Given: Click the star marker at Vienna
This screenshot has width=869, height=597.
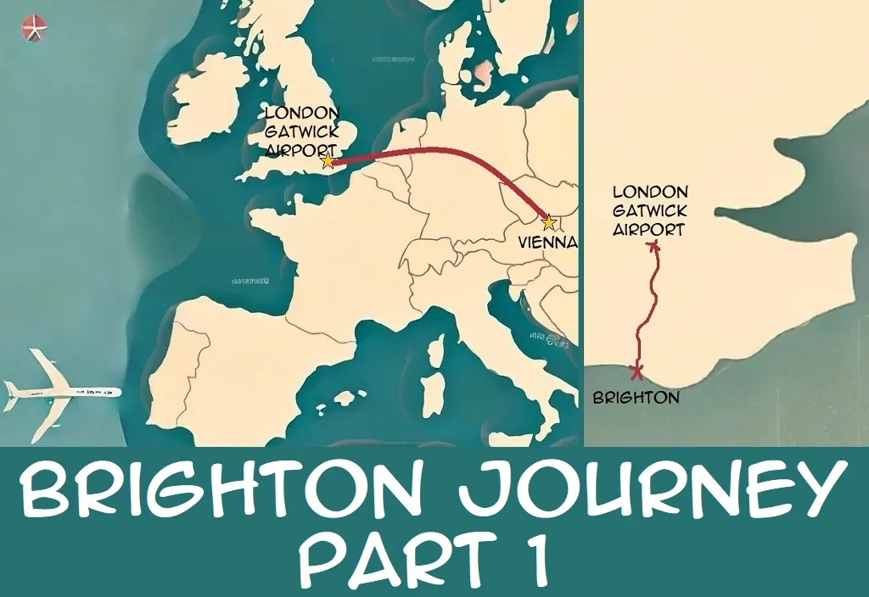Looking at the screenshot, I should click(549, 223).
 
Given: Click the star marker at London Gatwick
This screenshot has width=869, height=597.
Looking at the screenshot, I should click(328, 160).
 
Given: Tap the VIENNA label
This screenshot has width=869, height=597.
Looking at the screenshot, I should click(547, 243).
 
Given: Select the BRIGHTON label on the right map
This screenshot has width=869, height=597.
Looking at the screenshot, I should click(636, 397).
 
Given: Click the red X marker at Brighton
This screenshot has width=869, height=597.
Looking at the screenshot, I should click(636, 371).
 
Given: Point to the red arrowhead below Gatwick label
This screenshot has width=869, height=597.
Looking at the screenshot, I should click(653, 246).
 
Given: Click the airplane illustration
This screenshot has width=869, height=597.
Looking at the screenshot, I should click(59, 391).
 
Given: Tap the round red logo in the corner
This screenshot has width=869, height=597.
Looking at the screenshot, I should click(35, 28).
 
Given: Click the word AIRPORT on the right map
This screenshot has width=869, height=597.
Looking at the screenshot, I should click(650, 229).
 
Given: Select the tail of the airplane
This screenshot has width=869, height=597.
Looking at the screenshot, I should click(15, 392).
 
